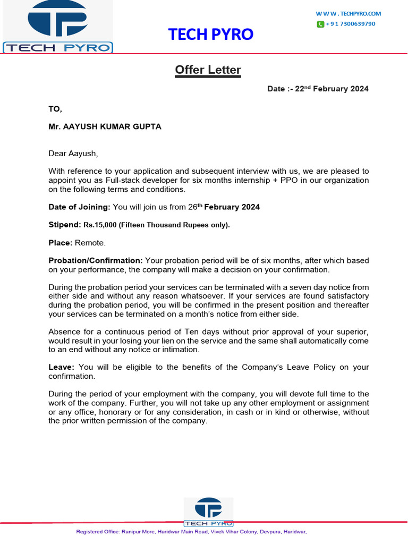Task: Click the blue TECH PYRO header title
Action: (211, 35)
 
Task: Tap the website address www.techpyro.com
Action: (348, 14)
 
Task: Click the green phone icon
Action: (320, 24)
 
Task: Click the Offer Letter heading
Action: (208, 70)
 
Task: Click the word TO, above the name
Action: (55, 109)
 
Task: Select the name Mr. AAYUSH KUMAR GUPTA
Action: (105, 127)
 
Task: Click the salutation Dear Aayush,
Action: (73, 154)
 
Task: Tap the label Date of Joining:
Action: (79, 207)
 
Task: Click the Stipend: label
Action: (65, 225)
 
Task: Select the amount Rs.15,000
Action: (100, 225)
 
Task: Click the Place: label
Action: (61, 243)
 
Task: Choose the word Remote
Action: (90, 243)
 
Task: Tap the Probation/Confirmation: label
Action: (96, 261)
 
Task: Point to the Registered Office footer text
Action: (191, 532)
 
